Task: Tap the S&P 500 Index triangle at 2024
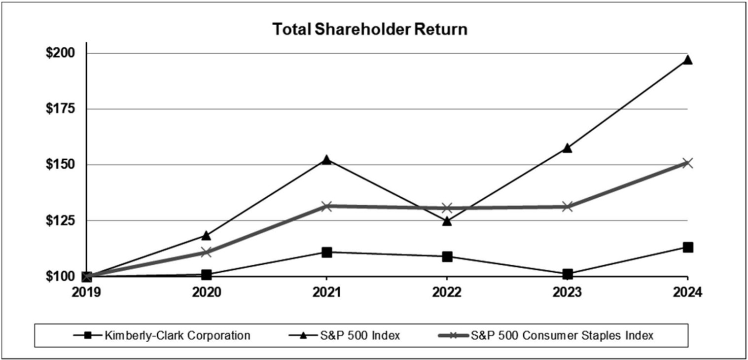pos(687,60)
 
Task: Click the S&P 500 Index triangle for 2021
pos(326,160)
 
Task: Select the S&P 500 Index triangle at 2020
pos(207,235)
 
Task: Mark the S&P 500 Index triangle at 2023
pos(567,147)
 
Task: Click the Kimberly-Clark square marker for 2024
pos(687,247)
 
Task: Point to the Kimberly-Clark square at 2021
pos(326,252)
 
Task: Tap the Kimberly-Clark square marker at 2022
pos(447,256)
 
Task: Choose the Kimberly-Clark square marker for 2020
pos(207,274)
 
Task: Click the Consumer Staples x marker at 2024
pos(687,163)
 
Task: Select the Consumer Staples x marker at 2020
pos(207,252)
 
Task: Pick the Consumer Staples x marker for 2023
pos(567,206)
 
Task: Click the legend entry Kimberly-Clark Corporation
pos(178,336)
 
